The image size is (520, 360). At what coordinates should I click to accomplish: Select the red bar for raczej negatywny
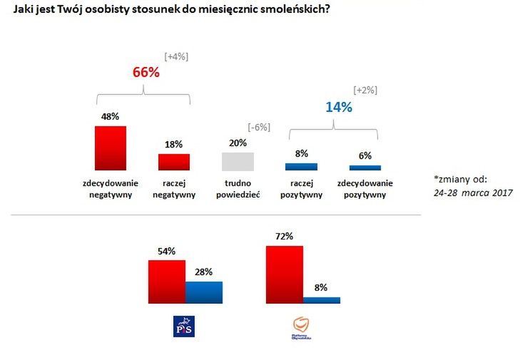[x=174, y=162]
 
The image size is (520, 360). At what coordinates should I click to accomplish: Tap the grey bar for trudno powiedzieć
[x=238, y=161]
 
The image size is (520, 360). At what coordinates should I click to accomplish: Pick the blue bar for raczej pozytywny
[x=301, y=167]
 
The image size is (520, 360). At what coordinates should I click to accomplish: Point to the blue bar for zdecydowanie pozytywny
[x=364, y=168]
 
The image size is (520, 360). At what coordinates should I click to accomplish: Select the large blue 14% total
[x=339, y=108]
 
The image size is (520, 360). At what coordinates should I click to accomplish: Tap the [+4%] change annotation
[x=176, y=56]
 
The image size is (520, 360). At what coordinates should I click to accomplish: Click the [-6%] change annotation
[x=258, y=127]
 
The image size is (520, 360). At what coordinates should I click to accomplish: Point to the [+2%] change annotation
[x=365, y=91]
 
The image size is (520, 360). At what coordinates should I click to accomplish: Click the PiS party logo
[x=184, y=326]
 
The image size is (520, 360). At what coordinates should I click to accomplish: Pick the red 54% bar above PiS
[x=167, y=282]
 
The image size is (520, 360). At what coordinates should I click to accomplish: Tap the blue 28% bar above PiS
[x=204, y=292]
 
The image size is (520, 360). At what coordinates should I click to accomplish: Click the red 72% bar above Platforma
[x=284, y=274]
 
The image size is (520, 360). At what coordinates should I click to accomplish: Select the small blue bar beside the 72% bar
[x=322, y=300]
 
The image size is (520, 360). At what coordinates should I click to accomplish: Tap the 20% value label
[x=238, y=143]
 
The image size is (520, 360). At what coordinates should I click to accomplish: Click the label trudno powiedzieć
[x=238, y=188]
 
